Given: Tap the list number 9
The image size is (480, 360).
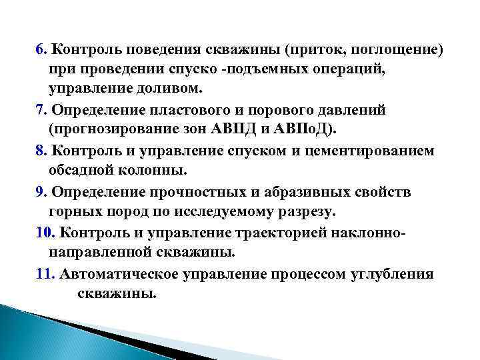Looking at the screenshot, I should coord(41,192).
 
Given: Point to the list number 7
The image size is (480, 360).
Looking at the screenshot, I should coord(41,109).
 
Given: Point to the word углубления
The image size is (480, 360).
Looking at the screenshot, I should coord(393,274).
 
